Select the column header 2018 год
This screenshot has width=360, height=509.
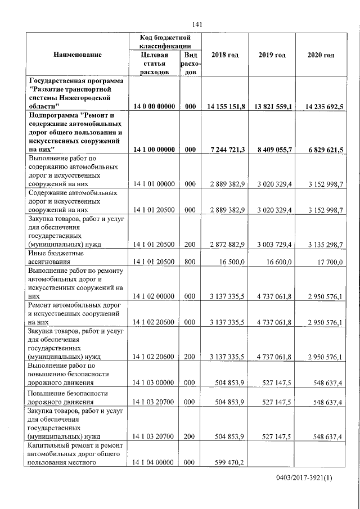click(x=224, y=55)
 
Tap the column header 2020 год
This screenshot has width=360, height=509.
click(x=321, y=55)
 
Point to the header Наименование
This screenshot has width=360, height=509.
click(x=78, y=55)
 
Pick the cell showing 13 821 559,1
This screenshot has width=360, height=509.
click(x=272, y=106)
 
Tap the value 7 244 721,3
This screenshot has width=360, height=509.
click(x=227, y=150)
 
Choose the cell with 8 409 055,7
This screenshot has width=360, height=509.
click(x=274, y=150)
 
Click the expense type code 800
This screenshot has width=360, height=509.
click(x=190, y=262)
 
